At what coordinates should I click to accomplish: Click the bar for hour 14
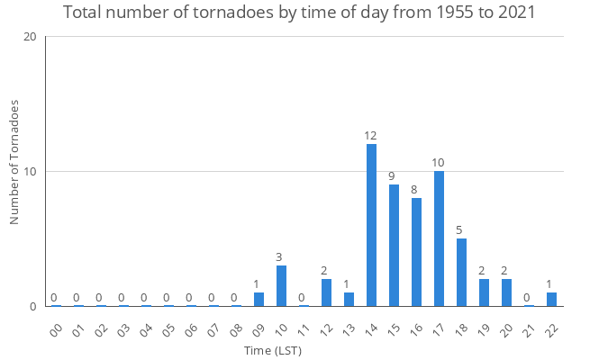(x=371, y=225)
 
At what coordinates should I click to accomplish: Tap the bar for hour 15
(x=394, y=245)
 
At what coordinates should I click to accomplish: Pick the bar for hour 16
(x=416, y=252)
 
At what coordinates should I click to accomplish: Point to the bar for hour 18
(x=461, y=272)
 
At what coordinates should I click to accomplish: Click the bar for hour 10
(x=281, y=285)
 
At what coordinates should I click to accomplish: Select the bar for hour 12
(x=326, y=292)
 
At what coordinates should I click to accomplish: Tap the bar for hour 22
(x=551, y=299)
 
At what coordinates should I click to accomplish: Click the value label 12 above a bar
(x=371, y=136)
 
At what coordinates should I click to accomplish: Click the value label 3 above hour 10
(x=281, y=257)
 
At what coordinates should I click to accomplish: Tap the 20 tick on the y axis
(x=30, y=37)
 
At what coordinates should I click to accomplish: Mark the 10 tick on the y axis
(x=30, y=171)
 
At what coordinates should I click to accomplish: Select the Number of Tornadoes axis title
(x=14, y=162)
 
